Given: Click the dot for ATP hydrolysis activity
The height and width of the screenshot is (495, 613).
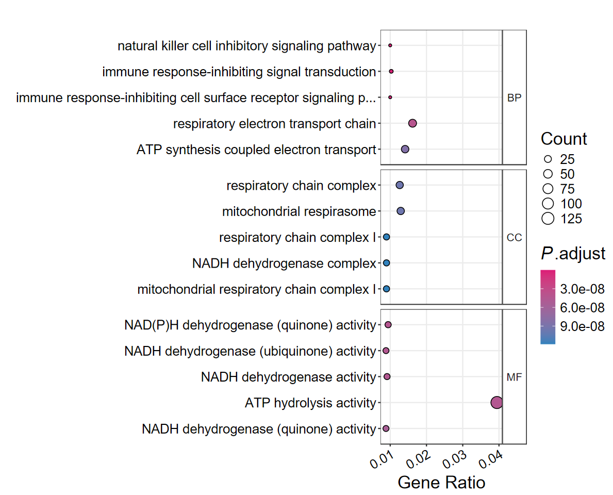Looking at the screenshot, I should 496,403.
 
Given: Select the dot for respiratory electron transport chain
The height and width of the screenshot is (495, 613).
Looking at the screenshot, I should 412,123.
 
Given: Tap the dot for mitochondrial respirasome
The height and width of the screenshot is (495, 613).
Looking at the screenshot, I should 401,211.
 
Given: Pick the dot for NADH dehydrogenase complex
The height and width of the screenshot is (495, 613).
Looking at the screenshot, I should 386,263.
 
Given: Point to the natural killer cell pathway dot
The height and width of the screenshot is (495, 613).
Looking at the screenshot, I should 390,45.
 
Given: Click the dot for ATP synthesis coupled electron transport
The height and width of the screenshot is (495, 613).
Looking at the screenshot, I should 405,149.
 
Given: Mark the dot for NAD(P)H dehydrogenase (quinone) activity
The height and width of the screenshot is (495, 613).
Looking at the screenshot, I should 388,325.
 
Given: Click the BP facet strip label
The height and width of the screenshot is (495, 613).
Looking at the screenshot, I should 514,98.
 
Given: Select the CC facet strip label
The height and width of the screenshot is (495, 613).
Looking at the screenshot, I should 514,238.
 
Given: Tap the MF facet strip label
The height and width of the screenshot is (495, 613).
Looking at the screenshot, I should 514,377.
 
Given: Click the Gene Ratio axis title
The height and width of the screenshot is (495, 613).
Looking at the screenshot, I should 441,483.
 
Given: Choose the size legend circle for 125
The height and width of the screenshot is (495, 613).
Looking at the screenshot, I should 548,219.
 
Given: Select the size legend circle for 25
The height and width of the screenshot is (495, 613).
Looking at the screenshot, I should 548,159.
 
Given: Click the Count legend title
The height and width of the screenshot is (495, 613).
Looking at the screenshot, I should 564,139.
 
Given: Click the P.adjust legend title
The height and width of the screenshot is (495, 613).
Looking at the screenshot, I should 573,254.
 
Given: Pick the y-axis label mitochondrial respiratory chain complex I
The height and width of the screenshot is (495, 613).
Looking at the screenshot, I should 256,289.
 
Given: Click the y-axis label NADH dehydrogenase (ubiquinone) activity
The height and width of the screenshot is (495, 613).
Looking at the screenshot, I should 250,351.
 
